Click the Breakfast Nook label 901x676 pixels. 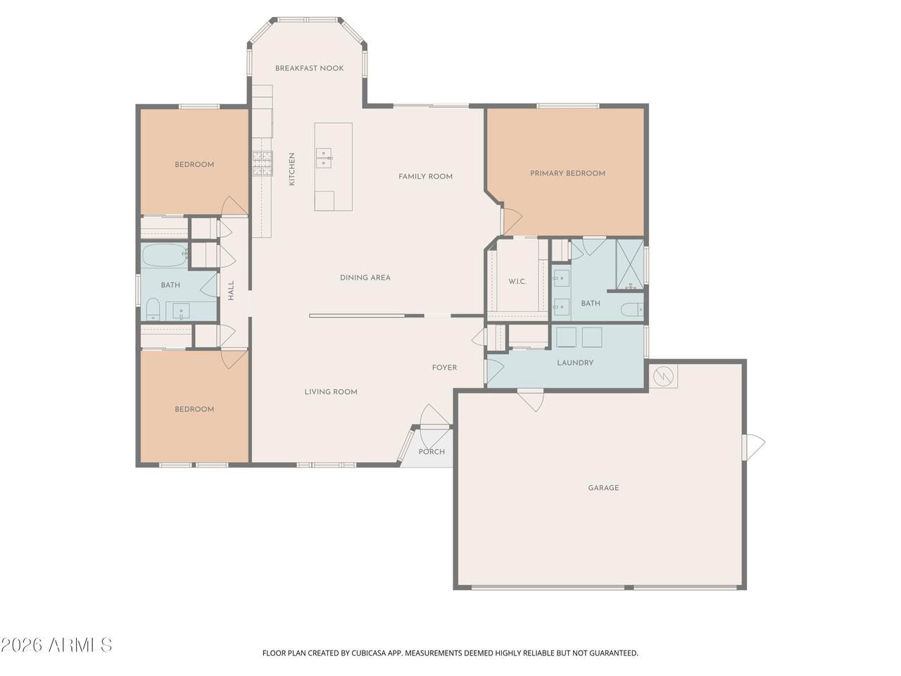tap(309, 68)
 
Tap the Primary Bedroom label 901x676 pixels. tap(567, 173)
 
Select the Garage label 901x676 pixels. tap(603, 487)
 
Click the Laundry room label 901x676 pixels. tap(575, 363)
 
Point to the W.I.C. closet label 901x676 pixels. tap(517, 282)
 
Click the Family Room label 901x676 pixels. tap(425, 176)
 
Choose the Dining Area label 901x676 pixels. tap(365, 277)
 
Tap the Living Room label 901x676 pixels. tap(331, 392)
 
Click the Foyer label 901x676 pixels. tap(444, 368)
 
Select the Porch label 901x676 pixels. tap(431, 451)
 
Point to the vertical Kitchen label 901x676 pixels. tap(292, 169)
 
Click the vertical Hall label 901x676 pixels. tap(231, 291)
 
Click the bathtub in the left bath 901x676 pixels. tap(163, 255)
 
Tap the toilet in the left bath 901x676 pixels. tap(152, 308)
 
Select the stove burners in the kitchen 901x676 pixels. tap(262, 164)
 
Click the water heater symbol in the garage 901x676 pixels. tap(663, 376)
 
